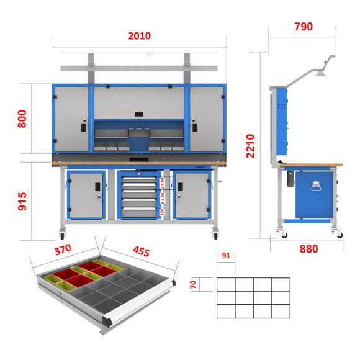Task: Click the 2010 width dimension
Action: [x=139, y=36]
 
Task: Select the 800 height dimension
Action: [x=22, y=118]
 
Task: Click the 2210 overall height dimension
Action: [x=250, y=146]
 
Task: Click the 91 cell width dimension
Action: [x=226, y=255]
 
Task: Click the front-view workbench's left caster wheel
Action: [x=63, y=235]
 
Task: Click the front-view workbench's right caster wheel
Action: [x=216, y=235]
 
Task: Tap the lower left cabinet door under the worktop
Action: [x=85, y=195]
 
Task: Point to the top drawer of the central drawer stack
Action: [x=138, y=176]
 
